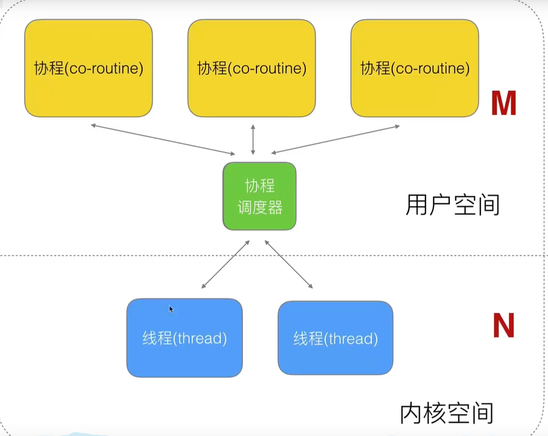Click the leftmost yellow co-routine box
pos(89,68)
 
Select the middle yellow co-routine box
pos(252,68)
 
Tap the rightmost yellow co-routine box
pos(415,68)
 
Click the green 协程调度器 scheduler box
pos(260,196)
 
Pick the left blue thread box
pos(185,338)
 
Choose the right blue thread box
pos(335,338)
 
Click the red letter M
pos(504,103)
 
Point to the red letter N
pos(504,325)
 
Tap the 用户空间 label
pos(453,205)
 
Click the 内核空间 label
pos(446,413)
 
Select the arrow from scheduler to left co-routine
pos(163,139)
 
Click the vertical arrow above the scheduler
pos(253,139)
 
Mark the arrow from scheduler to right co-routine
pos(335,139)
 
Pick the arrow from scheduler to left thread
pos(226,264)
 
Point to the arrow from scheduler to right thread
pos(289,264)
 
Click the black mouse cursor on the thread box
pos(171,309)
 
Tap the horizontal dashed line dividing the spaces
pos(273,255)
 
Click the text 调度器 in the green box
pos(260,208)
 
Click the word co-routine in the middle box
pos(268,68)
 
